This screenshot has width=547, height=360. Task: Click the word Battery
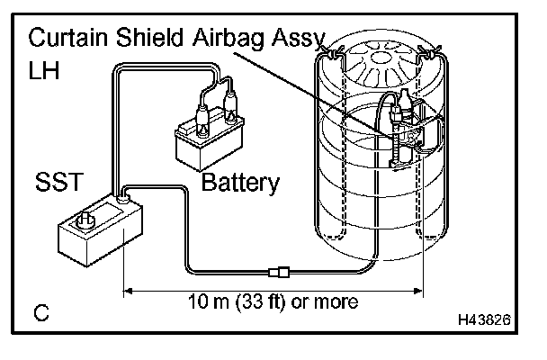240,184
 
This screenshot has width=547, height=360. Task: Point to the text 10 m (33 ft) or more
273,301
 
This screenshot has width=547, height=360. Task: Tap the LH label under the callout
43,70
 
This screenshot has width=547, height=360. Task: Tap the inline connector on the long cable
280,268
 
